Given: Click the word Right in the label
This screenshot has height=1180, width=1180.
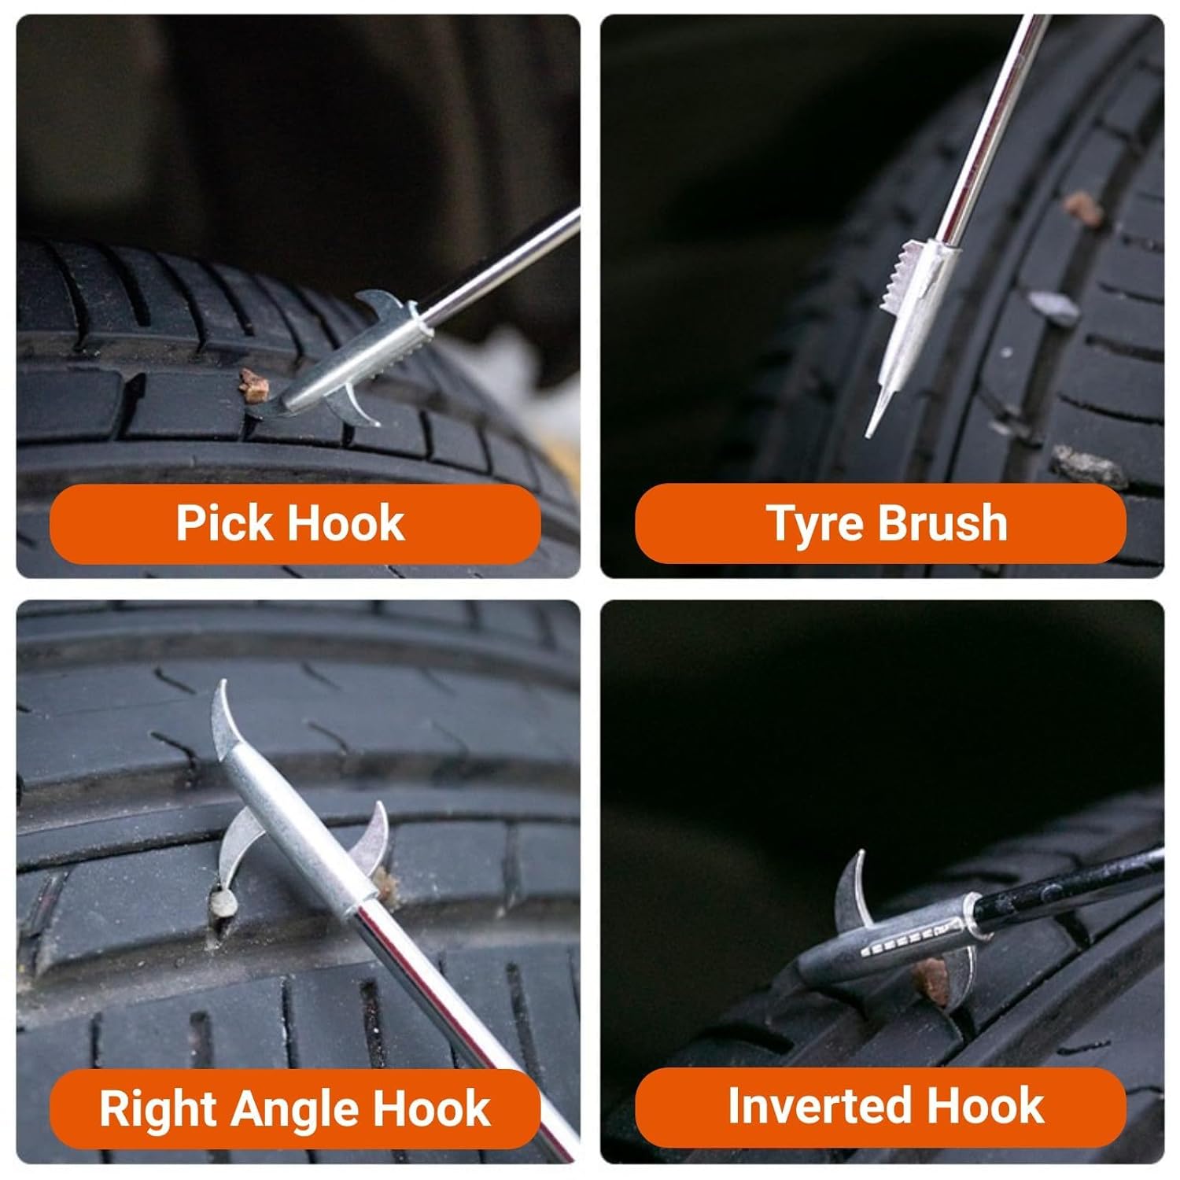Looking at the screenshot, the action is [x=161, y=1110].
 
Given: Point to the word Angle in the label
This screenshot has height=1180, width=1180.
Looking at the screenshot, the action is [x=299, y=1110].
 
